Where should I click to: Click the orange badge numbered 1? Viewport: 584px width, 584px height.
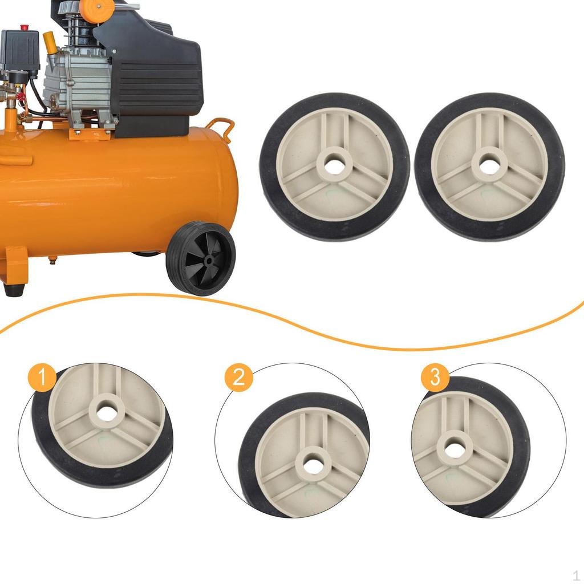point(42,378)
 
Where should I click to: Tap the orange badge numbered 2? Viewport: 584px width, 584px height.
point(238,378)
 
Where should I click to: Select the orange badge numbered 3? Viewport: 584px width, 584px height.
point(435,378)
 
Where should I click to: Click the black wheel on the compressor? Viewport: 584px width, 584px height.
point(201,258)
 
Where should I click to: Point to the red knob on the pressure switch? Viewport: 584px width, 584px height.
point(24,27)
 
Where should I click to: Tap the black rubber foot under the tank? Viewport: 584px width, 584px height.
point(14,289)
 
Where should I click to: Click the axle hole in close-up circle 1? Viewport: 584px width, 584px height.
point(107,412)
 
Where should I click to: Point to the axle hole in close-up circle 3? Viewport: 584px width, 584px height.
point(455,450)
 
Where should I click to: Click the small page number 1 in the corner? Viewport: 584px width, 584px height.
point(576,575)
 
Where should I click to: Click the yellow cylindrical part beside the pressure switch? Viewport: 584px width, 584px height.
point(50,43)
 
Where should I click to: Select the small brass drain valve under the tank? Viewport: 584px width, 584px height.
point(52,261)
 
